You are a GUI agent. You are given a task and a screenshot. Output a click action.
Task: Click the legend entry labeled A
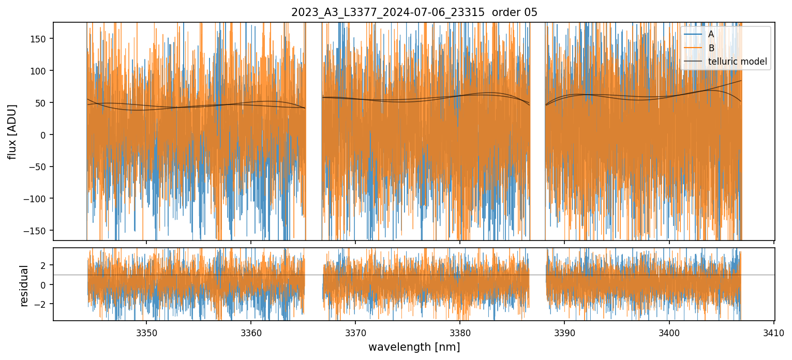(711, 34)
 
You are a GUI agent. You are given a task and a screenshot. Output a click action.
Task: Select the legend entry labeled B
(711, 48)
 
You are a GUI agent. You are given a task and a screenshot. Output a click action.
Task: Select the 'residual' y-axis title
(24, 286)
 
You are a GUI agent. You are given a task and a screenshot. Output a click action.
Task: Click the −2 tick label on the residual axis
(42, 304)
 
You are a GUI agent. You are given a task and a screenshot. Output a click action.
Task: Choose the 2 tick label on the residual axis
(44, 265)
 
